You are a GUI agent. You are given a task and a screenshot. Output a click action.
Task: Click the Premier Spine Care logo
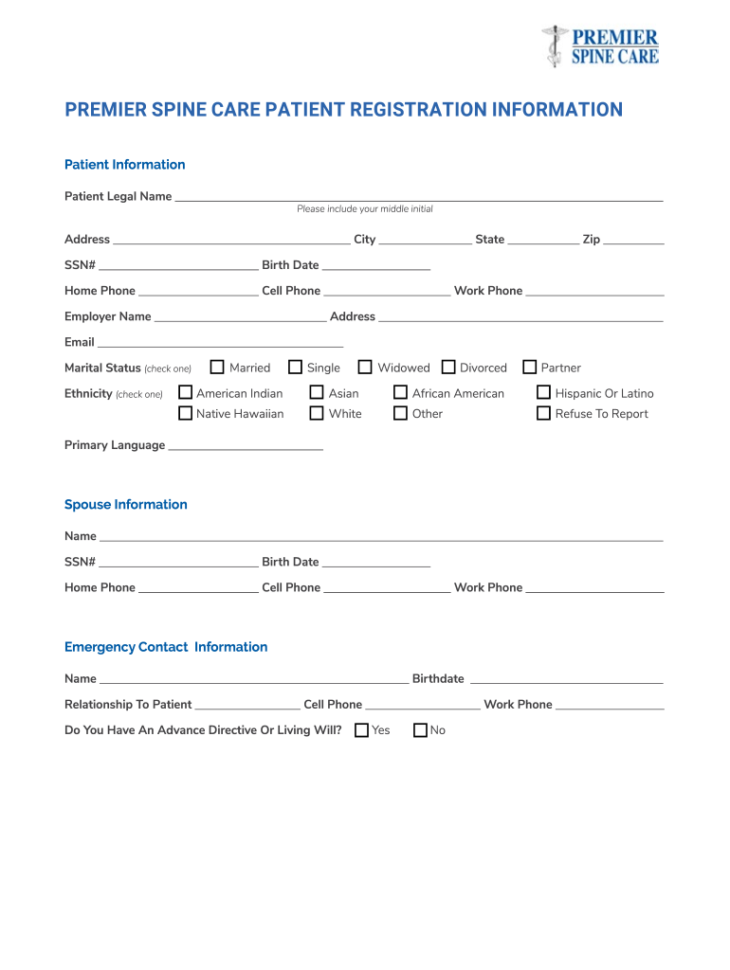[x=600, y=46]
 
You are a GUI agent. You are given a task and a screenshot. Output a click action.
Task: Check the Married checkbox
[x=217, y=368]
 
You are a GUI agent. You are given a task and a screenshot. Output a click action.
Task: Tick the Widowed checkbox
[x=365, y=368]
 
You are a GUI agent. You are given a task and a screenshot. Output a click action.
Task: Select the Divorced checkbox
[x=448, y=368]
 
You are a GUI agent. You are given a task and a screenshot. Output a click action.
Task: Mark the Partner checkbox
[x=530, y=368]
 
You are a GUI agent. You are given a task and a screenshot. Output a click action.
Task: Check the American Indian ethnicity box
[x=186, y=392]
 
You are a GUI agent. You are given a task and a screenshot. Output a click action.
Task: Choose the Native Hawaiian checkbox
[x=186, y=413]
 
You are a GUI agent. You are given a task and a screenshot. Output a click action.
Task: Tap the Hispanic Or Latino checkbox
[x=544, y=392]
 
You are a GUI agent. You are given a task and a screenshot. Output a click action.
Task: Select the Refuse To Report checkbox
[x=544, y=413]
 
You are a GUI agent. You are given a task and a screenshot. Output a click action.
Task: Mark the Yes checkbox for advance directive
[x=361, y=730]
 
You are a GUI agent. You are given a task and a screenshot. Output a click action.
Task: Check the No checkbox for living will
[x=421, y=730]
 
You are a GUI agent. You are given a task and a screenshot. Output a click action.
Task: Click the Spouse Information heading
[x=125, y=504]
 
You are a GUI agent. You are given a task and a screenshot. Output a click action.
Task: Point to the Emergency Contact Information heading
[x=166, y=647]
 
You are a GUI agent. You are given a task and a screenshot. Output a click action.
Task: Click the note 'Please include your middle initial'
[x=364, y=209]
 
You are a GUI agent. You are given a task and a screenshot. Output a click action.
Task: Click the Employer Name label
[x=107, y=316]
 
